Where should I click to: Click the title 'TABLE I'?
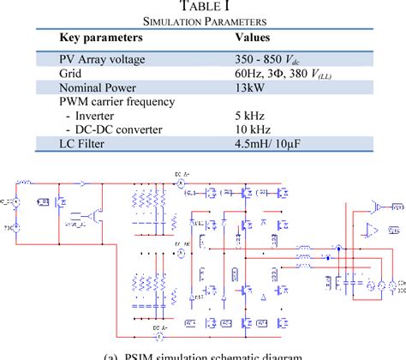coord(203,8)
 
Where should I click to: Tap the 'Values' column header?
coord(254,39)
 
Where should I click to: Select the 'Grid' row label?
coord(73,74)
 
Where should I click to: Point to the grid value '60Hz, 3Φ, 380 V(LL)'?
coord(287,74)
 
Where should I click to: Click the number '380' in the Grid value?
coord(298,74)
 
